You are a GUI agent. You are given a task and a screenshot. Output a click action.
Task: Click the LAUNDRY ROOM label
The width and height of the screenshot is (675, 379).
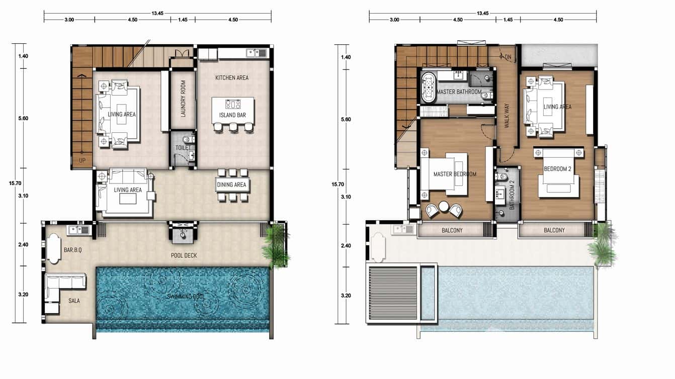(x=183, y=99)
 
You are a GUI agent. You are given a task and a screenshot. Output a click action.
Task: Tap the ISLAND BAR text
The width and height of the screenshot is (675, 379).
(x=232, y=115)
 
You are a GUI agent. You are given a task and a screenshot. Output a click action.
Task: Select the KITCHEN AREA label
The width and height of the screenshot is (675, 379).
(x=231, y=78)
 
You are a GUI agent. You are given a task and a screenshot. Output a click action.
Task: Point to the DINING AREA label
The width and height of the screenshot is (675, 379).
(x=231, y=184)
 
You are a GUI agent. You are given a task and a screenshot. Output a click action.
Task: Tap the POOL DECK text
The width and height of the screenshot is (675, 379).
(x=183, y=255)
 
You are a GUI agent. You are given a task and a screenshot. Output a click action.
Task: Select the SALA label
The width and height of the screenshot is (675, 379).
(x=74, y=301)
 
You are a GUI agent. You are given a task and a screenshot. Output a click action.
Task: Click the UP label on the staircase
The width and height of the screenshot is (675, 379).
(x=81, y=161)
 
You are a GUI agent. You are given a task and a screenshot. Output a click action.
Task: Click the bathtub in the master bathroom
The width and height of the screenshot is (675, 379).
(x=429, y=88)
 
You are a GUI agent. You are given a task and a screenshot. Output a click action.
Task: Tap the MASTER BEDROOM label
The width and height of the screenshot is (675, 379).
(x=455, y=174)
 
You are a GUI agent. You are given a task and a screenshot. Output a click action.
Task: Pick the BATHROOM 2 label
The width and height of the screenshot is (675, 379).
(x=512, y=195)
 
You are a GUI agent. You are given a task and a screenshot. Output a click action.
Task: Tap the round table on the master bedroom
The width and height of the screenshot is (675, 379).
(x=444, y=207)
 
